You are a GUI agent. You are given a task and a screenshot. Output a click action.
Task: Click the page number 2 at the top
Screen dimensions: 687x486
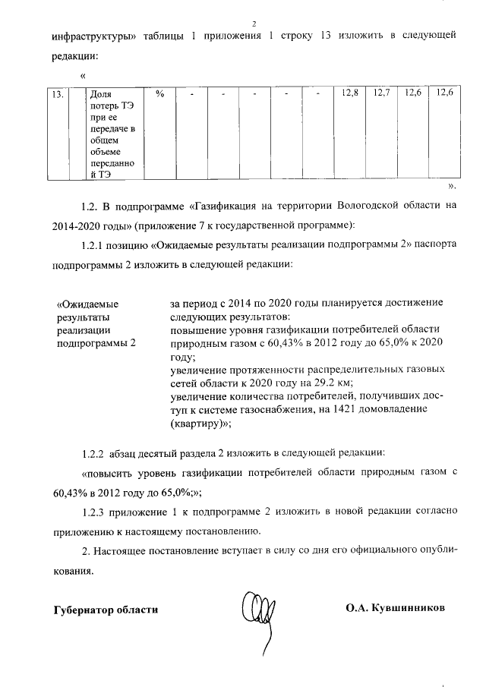click(254, 22)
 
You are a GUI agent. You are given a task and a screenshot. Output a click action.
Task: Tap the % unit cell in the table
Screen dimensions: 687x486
click(159, 94)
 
